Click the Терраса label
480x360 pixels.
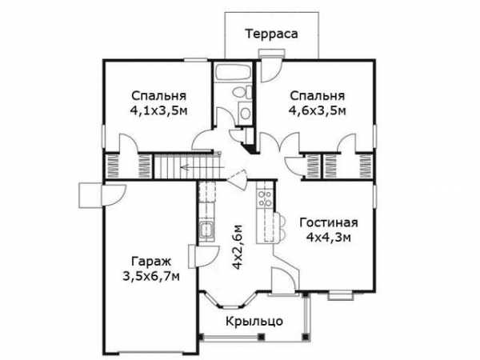pos(271,34)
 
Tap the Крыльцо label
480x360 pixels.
pos(254,322)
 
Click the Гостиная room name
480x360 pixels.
pos(329,222)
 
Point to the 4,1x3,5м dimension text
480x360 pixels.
pos(158,110)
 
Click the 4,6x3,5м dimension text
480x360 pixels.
pos(317,110)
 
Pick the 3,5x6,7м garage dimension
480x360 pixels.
pos(151,277)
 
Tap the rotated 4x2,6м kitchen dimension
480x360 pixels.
pos(238,247)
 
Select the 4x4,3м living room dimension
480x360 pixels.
pos(329,238)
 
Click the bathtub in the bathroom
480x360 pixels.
pos(233,72)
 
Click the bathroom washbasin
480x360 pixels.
pos(245,113)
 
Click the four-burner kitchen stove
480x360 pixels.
pos(265,198)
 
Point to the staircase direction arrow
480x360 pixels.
pos(202,167)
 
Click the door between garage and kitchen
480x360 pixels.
pos(203,257)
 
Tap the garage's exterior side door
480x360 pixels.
pos(102,195)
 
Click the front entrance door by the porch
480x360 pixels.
pos(283,281)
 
